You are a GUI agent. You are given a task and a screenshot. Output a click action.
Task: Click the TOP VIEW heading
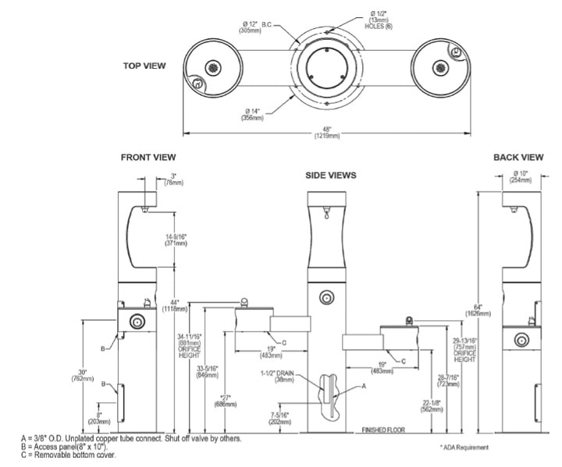[x=144, y=66]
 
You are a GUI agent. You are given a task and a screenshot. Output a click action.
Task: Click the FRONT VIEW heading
[x=148, y=158]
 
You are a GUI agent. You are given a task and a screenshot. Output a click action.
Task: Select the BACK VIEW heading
[x=518, y=158]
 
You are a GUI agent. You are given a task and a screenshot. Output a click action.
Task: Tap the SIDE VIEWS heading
[x=331, y=176]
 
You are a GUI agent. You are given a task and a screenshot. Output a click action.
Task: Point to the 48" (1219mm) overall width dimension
[x=328, y=132]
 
